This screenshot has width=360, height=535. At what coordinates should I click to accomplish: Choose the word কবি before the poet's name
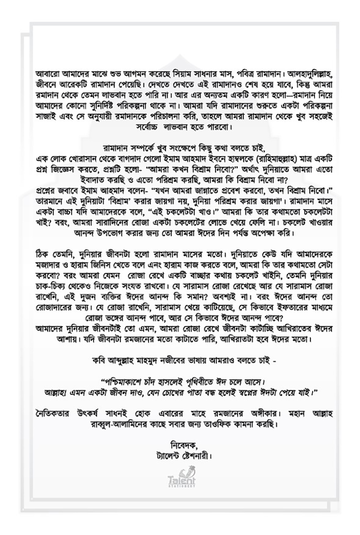(100, 360)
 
